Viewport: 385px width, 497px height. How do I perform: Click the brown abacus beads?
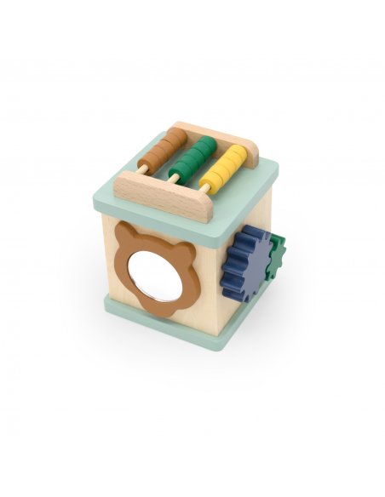click(164, 146)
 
